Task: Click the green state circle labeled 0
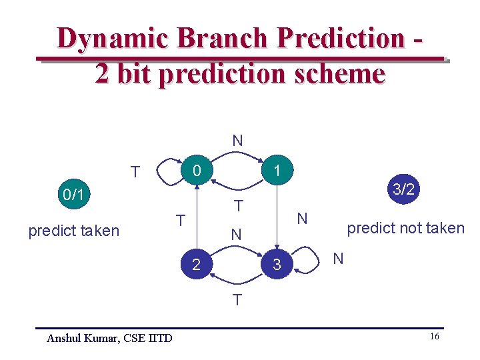click(197, 171)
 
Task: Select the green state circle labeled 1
click(276, 171)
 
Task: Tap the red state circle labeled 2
click(196, 265)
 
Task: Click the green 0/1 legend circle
click(73, 195)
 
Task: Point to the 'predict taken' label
click(73, 231)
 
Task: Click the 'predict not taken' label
click(405, 228)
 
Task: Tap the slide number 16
click(434, 337)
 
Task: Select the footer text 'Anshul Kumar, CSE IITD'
click(109, 339)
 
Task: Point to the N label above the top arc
click(237, 141)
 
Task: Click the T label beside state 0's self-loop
click(135, 173)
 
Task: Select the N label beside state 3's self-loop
click(338, 259)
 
